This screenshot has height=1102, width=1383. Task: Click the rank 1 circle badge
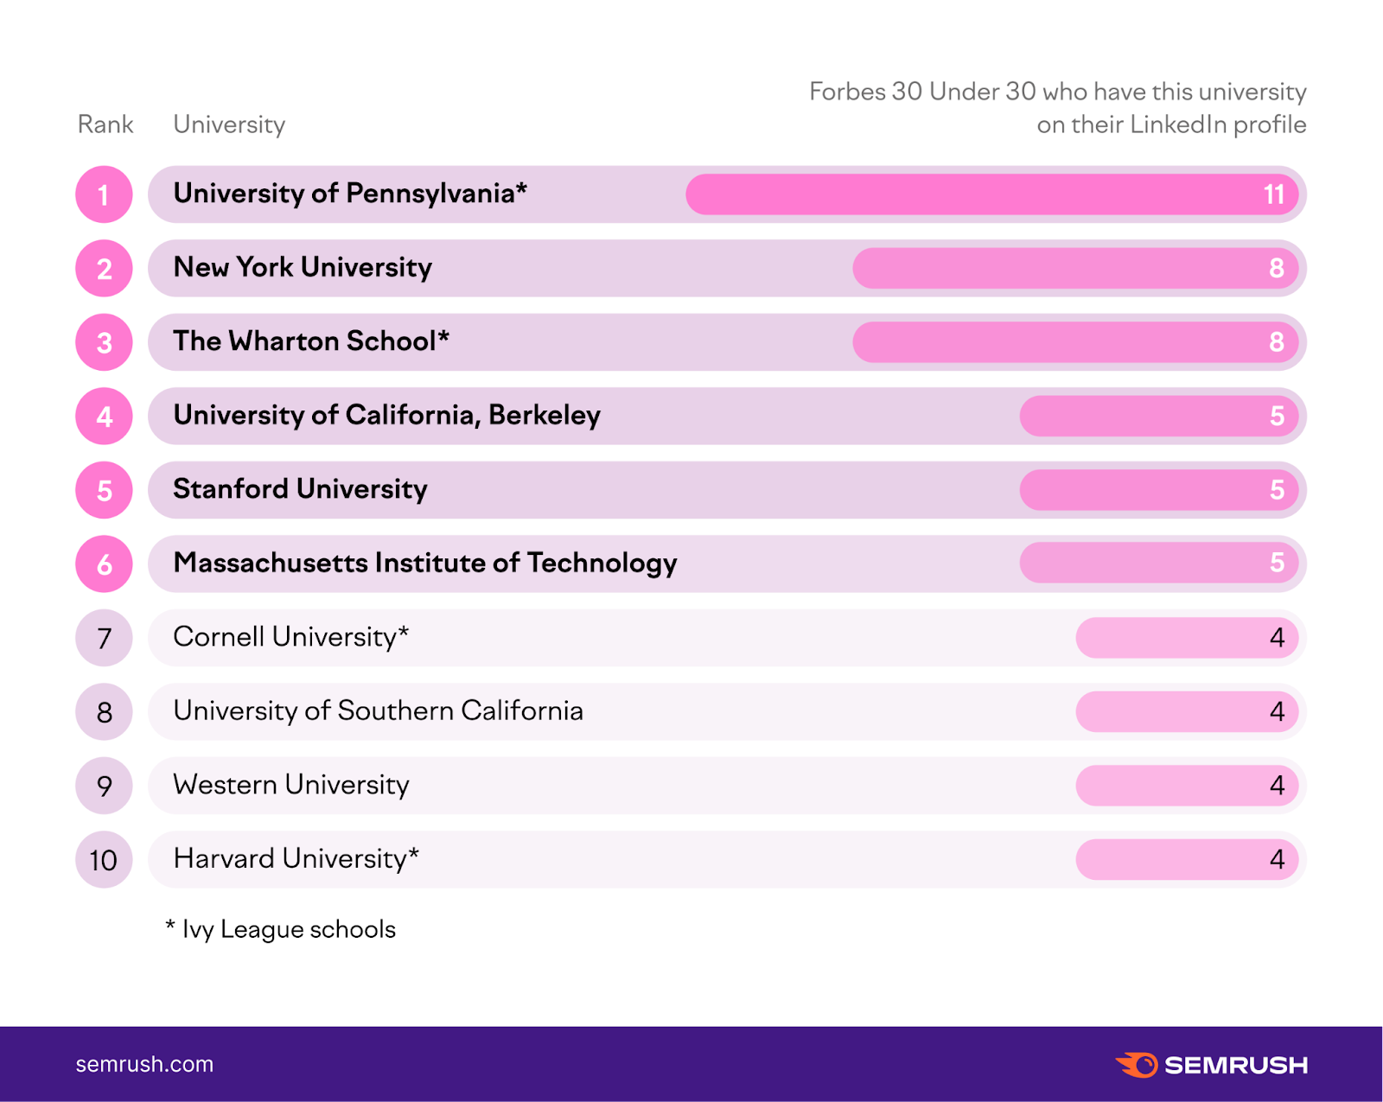(104, 194)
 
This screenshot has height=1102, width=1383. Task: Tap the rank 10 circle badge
(104, 860)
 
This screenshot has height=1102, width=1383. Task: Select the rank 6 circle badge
(104, 564)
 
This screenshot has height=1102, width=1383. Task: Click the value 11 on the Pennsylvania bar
(1273, 194)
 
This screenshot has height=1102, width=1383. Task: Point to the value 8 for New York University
(1276, 269)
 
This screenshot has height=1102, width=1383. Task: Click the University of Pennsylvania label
(349, 194)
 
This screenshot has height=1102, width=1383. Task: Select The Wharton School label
(310, 341)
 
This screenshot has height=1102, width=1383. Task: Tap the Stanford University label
(300, 489)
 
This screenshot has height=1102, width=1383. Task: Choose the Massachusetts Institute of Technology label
(424, 564)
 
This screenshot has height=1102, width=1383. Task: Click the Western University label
(290, 785)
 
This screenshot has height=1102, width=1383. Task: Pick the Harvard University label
(296, 859)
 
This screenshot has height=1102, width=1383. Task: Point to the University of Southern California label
(378, 711)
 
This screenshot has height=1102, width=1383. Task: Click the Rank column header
(105, 124)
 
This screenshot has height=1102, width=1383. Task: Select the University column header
(229, 124)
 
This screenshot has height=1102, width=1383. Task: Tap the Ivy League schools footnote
(281, 929)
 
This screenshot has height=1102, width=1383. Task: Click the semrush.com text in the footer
(144, 1064)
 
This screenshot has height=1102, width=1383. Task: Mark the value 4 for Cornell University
(1277, 638)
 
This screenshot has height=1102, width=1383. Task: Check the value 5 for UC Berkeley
(1277, 417)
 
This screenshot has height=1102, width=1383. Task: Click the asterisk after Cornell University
(404, 633)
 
